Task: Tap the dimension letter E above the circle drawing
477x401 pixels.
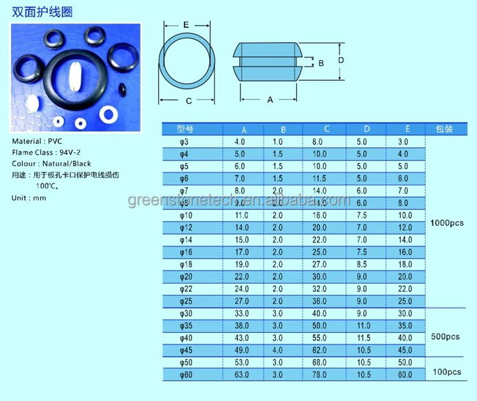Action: coord(185,24)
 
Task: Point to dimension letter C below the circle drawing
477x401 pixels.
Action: coord(189,100)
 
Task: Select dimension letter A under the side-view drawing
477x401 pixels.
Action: coord(270,100)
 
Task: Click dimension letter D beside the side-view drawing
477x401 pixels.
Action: coord(341,60)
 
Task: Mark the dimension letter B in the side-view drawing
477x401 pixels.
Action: coord(321,62)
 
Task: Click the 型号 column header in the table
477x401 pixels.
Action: coord(184,129)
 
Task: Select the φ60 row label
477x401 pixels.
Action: coord(184,376)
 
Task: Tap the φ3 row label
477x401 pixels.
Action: coord(184,142)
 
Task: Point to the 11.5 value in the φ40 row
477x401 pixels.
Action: coord(362,338)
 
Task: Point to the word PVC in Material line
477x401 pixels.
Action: coord(56,141)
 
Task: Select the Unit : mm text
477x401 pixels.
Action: coord(29,198)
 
